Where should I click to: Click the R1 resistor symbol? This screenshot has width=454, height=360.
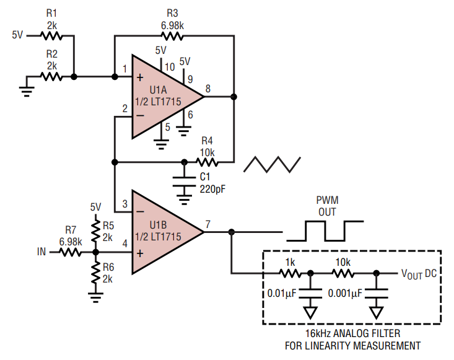pyautogui.click(x=51, y=36)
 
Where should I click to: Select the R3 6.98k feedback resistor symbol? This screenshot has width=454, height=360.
pyautogui.click(x=172, y=36)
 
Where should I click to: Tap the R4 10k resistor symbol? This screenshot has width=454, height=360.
pyautogui.click(x=207, y=162)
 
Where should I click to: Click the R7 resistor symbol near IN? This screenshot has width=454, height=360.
pyautogui.click(x=71, y=253)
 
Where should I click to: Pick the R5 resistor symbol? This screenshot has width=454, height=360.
pyautogui.click(x=95, y=231)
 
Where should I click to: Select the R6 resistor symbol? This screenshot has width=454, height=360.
pyautogui.click(x=95, y=273)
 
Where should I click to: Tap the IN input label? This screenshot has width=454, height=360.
pyautogui.click(x=41, y=252)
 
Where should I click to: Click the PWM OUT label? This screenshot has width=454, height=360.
pyautogui.click(x=327, y=206)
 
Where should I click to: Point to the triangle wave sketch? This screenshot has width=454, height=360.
pyautogui.click(x=272, y=164)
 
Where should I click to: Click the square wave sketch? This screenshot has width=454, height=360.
pyautogui.click(x=325, y=231)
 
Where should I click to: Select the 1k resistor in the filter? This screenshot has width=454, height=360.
pyautogui.click(x=290, y=273)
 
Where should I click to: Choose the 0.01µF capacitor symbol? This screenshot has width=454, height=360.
pyautogui.click(x=310, y=293)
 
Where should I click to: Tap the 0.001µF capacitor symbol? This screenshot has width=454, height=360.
pyautogui.click(x=376, y=293)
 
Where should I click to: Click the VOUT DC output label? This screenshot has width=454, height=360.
pyautogui.click(x=419, y=274)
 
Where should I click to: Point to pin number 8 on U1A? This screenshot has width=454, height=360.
pyautogui.click(x=208, y=89)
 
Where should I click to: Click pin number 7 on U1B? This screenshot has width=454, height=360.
pyautogui.click(x=208, y=224)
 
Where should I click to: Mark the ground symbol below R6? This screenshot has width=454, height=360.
pyautogui.click(x=95, y=297)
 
